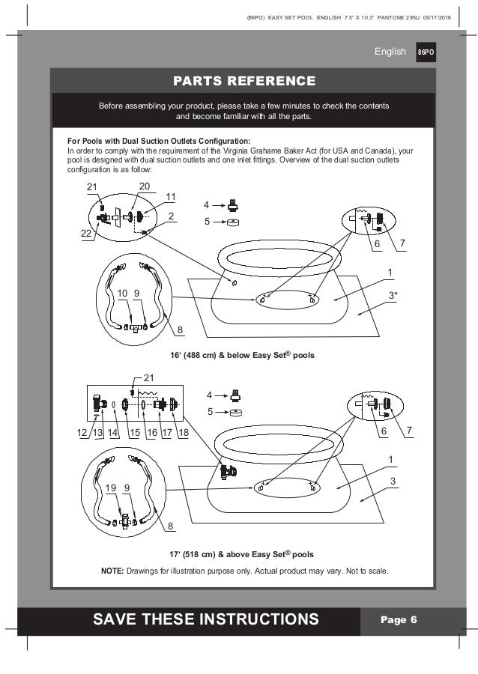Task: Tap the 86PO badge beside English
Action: (425, 52)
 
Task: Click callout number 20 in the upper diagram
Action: (145, 186)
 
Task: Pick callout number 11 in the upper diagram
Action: (171, 196)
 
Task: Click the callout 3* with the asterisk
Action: (393, 294)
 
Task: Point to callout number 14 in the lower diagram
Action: (113, 434)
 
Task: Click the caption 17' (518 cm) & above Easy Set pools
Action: (240, 555)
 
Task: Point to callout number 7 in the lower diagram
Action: (411, 433)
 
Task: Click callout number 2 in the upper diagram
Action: (171, 216)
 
